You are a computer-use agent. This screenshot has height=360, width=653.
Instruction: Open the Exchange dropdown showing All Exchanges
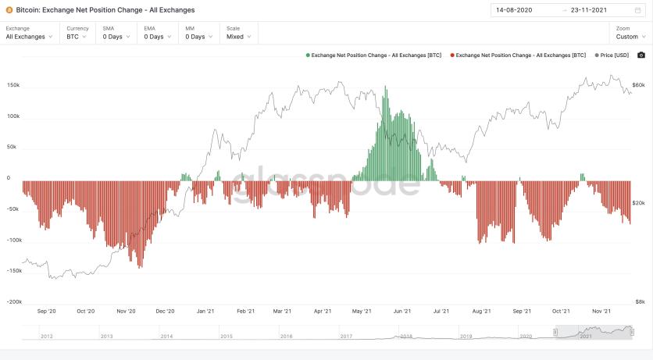[x=29, y=37]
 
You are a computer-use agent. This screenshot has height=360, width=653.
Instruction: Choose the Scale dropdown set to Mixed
[x=238, y=37]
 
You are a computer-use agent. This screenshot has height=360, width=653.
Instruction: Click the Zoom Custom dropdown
[x=630, y=37]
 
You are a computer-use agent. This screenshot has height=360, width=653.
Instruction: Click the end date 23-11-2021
[x=590, y=10]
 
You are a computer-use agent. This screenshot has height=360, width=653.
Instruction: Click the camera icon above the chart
[x=641, y=55]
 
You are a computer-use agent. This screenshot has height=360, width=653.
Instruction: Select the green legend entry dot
[x=308, y=55]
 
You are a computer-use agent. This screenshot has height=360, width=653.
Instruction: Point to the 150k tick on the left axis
[x=13, y=85]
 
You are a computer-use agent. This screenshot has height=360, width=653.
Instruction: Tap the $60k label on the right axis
[x=638, y=85]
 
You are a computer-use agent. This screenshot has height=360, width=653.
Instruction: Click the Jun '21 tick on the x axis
[x=401, y=311]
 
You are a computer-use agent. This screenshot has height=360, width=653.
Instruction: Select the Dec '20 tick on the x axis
[x=165, y=311]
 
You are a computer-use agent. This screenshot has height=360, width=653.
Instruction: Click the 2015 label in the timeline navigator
[x=227, y=336]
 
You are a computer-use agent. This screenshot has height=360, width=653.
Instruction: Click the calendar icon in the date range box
[x=637, y=10]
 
